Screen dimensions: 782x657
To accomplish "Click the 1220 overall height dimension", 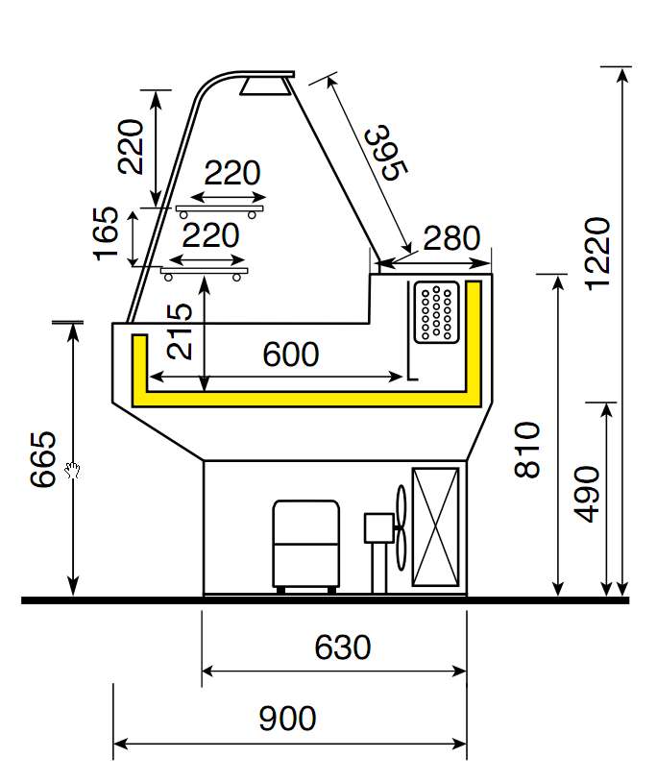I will pyautogui.click(x=596, y=253).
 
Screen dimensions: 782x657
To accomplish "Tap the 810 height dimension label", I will pyautogui.click(x=528, y=450).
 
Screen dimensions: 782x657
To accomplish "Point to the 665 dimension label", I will pyautogui.click(x=43, y=460).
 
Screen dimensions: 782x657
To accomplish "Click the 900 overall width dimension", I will pyautogui.click(x=287, y=718).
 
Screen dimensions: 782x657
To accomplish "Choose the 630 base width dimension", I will pyautogui.click(x=342, y=648).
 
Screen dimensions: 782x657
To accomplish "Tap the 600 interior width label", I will pyautogui.click(x=290, y=354).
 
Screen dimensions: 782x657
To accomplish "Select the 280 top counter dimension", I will pyautogui.click(x=450, y=237).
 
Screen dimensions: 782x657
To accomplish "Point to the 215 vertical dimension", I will pyautogui.click(x=180, y=331).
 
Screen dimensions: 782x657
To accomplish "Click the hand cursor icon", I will pyautogui.click(x=72, y=469).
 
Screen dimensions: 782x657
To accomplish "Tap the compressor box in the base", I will pyautogui.click(x=305, y=543).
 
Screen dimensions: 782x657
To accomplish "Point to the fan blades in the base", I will pyautogui.click(x=402, y=527).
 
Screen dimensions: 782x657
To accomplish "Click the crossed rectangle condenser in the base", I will pyautogui.click(x=435, y=526).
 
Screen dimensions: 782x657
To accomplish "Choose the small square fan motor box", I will pyautogui.click(x=377, y=527).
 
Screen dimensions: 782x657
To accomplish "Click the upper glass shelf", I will pyautogui.click(x=219, y=208).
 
